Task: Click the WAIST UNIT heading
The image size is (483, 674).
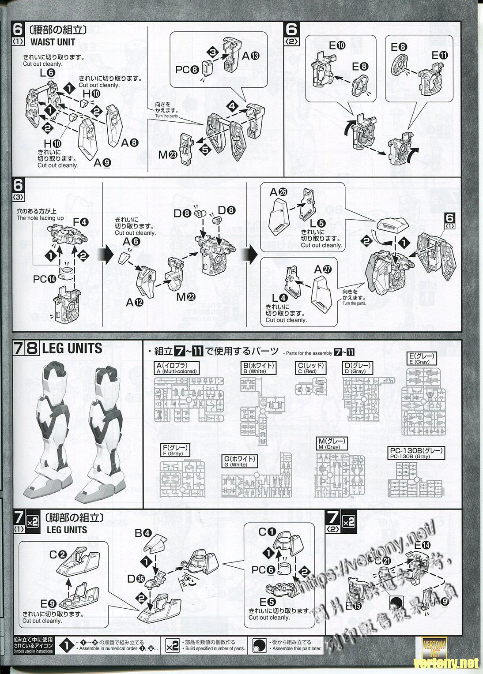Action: [53, 42]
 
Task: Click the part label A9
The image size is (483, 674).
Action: [102, 162]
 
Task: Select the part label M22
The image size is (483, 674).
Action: [185, 297]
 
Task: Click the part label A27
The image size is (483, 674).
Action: [323, 270]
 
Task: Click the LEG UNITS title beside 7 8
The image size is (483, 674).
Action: [72, 348]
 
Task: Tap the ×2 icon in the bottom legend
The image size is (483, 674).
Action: [174, 646]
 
